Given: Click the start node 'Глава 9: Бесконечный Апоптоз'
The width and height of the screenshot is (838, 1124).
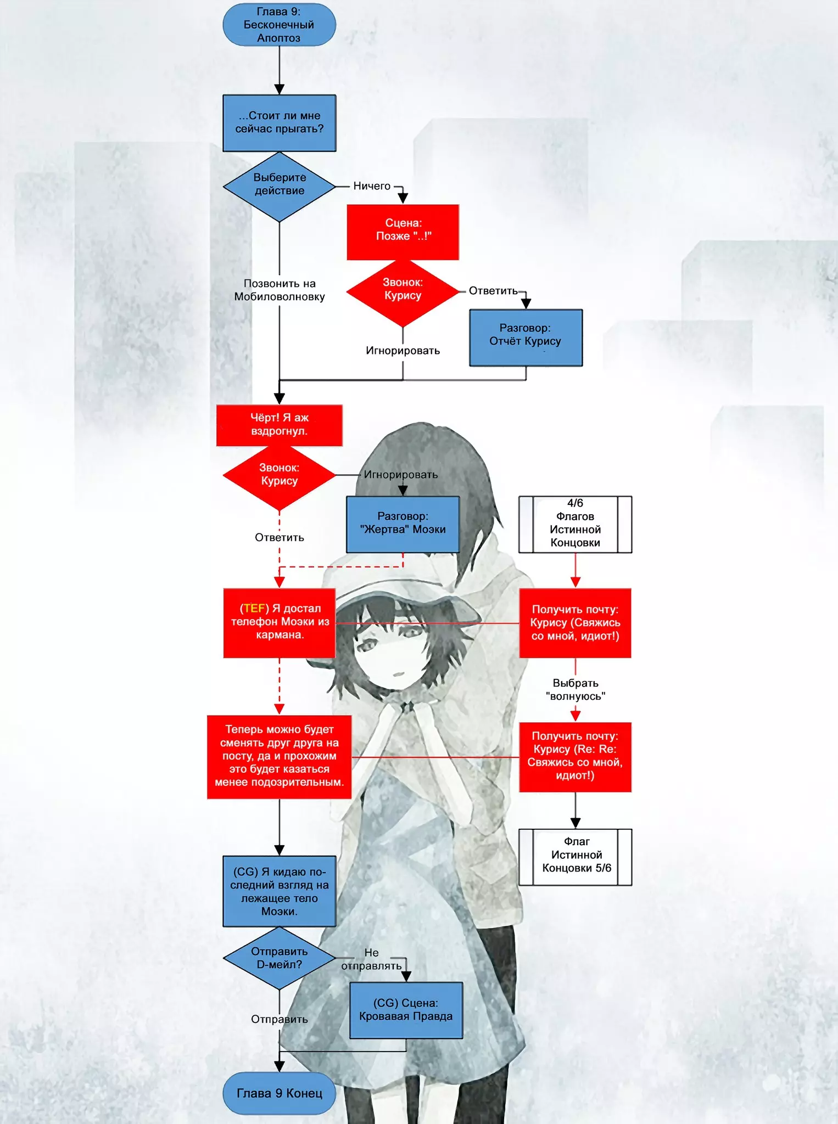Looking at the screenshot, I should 279,25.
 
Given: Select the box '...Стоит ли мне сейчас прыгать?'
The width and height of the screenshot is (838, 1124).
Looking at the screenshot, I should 279,123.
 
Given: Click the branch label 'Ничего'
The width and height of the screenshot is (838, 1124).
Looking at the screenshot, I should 372,186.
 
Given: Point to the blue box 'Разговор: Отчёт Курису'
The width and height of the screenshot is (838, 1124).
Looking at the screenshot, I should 526,337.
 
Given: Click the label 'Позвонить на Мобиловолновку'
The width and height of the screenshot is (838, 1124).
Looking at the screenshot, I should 279,290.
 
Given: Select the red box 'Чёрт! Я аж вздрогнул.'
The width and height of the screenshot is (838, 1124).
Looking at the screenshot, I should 279,425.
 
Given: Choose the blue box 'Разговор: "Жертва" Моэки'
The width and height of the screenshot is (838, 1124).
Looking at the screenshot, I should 403,524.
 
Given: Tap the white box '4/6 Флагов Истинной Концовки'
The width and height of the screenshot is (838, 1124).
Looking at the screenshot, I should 575,524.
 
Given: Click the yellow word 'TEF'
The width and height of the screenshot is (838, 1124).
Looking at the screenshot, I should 254,608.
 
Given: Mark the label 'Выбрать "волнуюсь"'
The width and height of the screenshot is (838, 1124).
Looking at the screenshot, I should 575,689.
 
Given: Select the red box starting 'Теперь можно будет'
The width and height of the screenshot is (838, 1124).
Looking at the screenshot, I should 279,756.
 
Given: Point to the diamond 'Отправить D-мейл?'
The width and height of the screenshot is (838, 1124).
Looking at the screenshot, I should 279,958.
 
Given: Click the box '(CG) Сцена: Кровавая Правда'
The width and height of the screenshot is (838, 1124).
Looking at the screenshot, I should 406,1010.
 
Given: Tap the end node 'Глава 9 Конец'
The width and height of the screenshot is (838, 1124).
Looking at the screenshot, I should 279,1093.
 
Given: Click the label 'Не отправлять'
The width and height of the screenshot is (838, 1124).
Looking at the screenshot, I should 372,959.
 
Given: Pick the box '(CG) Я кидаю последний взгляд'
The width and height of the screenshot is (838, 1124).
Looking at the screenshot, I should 279,891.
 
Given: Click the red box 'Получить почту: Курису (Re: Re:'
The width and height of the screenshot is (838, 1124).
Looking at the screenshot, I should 575,756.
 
